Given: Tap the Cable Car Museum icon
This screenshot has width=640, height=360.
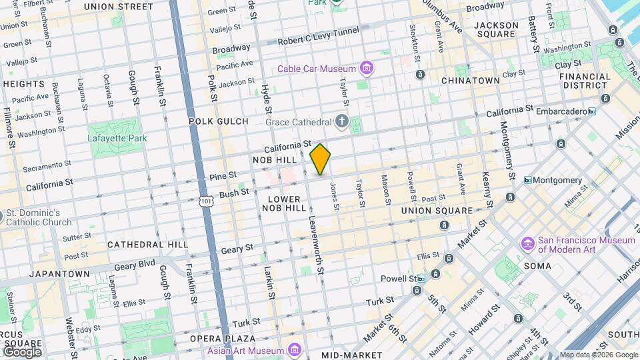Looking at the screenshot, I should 366,68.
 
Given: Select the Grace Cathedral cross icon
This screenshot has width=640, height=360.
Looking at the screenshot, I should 342,121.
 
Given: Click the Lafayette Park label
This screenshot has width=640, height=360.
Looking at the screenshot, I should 111,139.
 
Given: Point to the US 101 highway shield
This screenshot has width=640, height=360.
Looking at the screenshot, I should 207,199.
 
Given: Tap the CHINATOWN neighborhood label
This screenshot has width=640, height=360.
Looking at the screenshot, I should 471,80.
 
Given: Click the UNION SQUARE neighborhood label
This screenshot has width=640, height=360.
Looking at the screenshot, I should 437,211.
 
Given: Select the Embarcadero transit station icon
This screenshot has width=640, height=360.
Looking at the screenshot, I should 591,111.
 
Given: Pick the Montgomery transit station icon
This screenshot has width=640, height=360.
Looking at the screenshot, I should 528,180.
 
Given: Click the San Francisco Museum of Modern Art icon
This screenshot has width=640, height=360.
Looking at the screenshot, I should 528,245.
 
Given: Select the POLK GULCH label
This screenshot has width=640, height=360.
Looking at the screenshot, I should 219,121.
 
